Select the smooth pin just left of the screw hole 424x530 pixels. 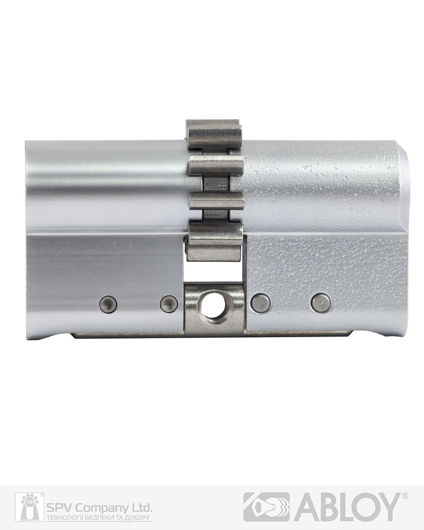[x=169, y=303]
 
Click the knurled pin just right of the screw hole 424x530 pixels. [x=261, y=302]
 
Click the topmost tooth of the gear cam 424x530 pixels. [x=214, y=134]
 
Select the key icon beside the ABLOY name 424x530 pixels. [x=267, y=507]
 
